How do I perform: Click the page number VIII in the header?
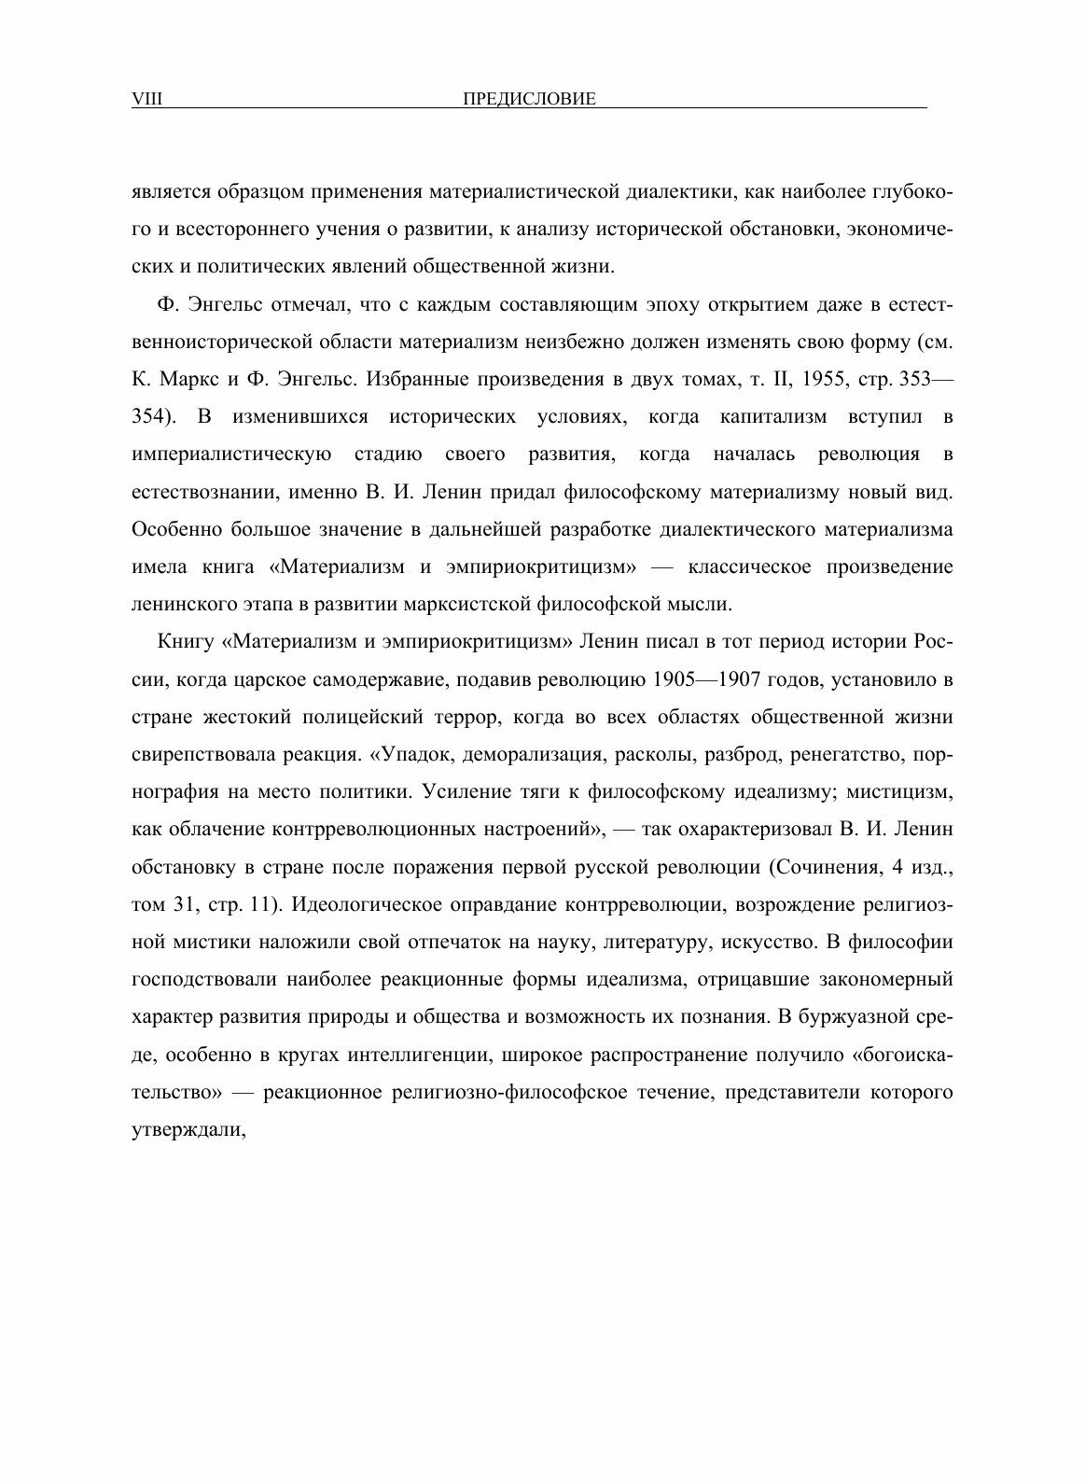pyautogui.click(x=147, y=99)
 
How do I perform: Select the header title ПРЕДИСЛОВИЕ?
pyautogui.click(x=529, y=99)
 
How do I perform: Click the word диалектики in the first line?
pyautogui.click(x=676, y=192)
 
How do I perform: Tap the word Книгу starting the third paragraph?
pyautogui.click(x=188, y=643)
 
